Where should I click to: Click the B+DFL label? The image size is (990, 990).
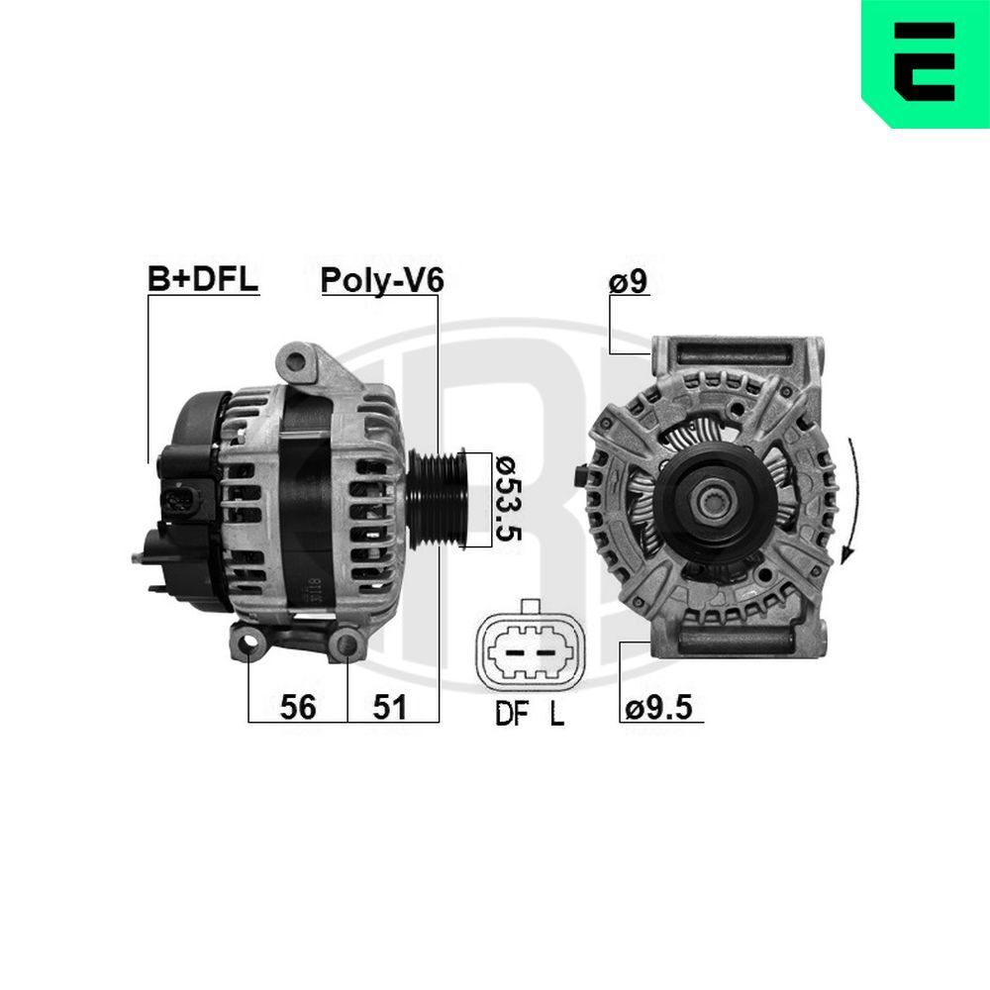[x=203, y=278]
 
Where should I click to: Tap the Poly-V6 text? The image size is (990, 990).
[x=382, y=280]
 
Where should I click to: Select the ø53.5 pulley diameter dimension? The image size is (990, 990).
[x=508, y=499]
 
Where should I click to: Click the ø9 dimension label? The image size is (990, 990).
[x=629, y=281]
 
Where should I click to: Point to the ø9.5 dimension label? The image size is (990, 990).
[x=658, y=707]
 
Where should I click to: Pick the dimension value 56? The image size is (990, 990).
[x=297, y=707]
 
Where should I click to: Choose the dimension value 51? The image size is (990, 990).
[x=389, y=707]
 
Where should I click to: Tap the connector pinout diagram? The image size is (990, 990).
[x=530, y=645]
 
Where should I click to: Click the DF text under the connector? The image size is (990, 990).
[x=512, y=714]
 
